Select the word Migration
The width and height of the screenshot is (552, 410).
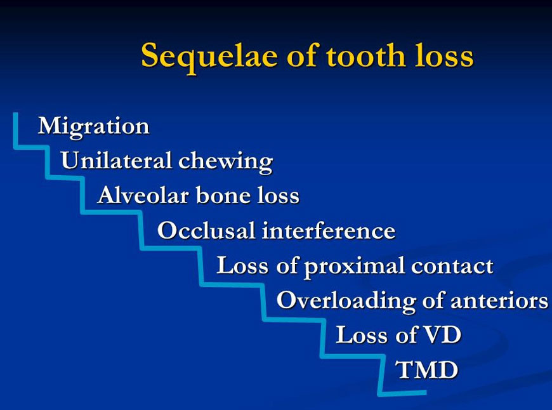click(94, 126)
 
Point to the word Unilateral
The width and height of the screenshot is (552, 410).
click(117, 161)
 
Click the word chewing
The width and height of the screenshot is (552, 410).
click(226, 162)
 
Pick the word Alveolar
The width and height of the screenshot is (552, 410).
click(143, 195)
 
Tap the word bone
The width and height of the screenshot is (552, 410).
click(223, 195)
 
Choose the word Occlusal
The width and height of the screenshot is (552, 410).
click(206, 230)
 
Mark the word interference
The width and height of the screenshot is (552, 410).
click(329, 230)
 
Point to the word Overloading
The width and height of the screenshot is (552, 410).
click(346, 301)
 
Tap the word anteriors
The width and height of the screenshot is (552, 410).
click(499, 301)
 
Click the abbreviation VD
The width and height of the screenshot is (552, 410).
click(442, 334)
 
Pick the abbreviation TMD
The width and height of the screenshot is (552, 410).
click(426, 369)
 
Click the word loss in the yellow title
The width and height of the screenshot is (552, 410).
click(444, 55)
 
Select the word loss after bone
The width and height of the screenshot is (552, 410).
click(278, 195)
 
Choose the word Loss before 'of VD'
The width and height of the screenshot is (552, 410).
click(362, 334)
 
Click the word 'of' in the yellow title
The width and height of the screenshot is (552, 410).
click(303, 55)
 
